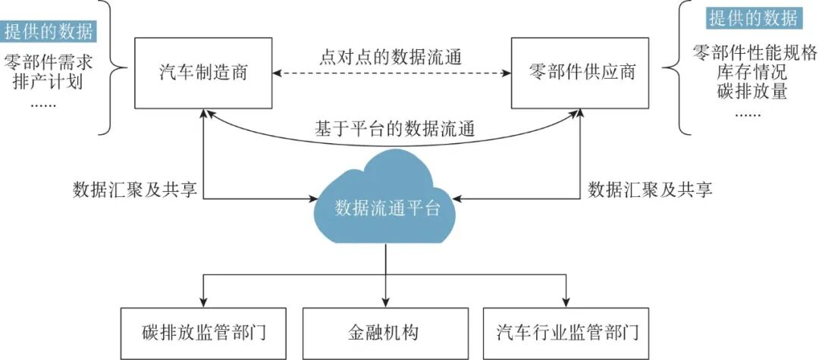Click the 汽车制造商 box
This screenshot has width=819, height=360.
[x=203, y=73]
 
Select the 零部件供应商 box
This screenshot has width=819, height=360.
[x=582, y=73]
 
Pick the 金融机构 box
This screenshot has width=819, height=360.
[x=388, y=333]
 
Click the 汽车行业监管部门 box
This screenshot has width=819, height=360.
[x=567, y=333]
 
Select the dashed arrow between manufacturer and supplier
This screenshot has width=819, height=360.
[x=391, y=74]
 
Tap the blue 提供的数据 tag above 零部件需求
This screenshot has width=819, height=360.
[x=49, y=32]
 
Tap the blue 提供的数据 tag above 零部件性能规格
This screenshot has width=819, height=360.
[x=753, y=17]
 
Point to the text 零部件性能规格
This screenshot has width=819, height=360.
[x=755, y=53]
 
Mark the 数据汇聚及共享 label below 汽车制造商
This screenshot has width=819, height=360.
[x=135, y=189]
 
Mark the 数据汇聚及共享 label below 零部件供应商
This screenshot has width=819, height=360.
[x=650, y=189]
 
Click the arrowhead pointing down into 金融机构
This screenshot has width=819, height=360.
[x=387, y=300]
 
